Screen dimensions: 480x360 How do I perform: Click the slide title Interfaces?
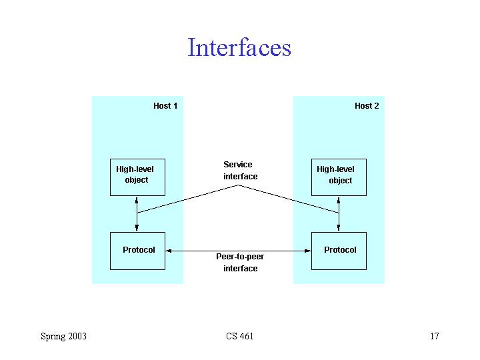pos(239,47)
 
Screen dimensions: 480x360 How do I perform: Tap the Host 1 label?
pos(165,106)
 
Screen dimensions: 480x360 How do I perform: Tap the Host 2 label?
pos(367,106)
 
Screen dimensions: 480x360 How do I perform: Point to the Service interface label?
pos(240,171)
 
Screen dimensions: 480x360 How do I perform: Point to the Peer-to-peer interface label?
pos(240,263)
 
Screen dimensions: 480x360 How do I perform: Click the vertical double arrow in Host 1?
pos(137,214)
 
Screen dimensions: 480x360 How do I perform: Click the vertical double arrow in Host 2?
pos(339,214)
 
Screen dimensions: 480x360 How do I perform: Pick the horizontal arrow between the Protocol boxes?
pos(238,251)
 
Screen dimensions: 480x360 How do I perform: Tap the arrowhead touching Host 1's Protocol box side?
pos(169,251)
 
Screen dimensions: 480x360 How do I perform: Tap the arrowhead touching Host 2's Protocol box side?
pos(308,251)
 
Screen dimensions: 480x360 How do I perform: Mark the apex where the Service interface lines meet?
pos(238,185)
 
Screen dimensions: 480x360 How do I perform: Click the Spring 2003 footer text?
pos(64,337)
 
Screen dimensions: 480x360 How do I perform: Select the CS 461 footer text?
pos(240,336)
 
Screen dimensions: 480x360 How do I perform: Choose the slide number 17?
pos(435,336)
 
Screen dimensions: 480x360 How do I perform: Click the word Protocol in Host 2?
pos(340,250)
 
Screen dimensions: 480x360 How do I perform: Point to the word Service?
pos(238,165)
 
